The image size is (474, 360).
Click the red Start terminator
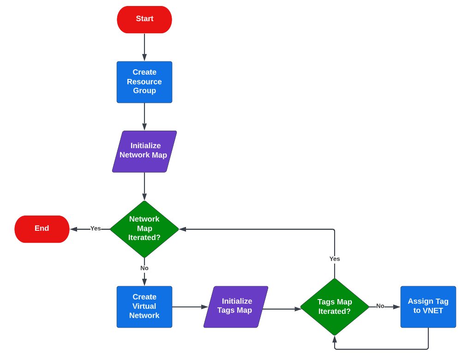(x=144, y=19)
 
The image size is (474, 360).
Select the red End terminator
(x=42, y=229)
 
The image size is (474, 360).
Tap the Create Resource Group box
(x=144, y=82)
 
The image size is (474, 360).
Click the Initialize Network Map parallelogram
(x=144, y=151)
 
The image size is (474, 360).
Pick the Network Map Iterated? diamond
(x=144, y=229)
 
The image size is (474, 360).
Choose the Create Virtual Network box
(x=144, y=307)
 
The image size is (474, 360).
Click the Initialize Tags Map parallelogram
(x=236, y=307)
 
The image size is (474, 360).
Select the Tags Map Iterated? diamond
(x=335, y=307)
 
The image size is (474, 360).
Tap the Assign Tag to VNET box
(x=428, y=307)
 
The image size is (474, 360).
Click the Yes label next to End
(x=96, y=228)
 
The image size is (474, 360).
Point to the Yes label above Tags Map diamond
(x=335, y=259)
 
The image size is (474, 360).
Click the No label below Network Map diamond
(x=144, y=268)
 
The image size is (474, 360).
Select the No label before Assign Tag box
(x=380, y=306)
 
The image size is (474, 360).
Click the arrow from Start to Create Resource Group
(x=144, y=47)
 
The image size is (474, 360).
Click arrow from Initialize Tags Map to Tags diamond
(x=282, y=309)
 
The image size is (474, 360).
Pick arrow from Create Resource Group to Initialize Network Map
(x=144, y=116)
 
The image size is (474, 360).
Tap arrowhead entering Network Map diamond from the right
(x=183, y=229)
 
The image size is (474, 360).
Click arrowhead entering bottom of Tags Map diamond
(x=335, y=339)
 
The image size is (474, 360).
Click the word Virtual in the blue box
(x=144, y=306)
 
